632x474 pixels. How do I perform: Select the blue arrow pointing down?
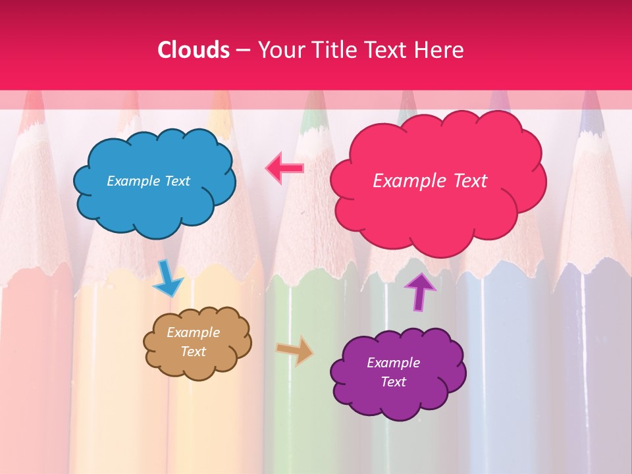(x=168, y=280)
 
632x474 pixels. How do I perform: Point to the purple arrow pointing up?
(x=420, y=290)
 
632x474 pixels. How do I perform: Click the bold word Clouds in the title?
(x=193, y=50)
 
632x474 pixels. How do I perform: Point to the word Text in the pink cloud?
(x=464, y=181)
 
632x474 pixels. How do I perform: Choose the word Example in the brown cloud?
(x=194, y=332)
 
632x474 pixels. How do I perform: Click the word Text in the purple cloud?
(x=393, y=382)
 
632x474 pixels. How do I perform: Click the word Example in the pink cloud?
(x=403, y=181)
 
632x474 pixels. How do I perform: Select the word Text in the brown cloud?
(x=194, y=352)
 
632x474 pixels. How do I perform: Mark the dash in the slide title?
(x=242, y=50)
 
